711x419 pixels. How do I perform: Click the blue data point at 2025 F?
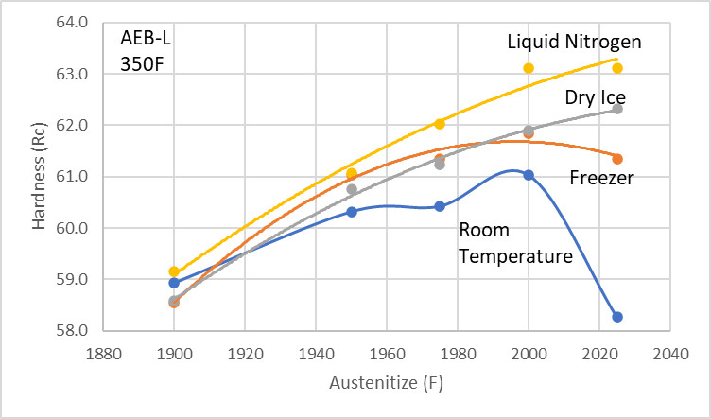[617, 317]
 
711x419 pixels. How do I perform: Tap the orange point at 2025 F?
[617, 159]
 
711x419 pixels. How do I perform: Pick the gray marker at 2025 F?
[617, 109]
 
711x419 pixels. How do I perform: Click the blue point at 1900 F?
[174, 283]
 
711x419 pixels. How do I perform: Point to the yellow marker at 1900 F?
[174, 271]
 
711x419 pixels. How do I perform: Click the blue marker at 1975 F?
[440, 206]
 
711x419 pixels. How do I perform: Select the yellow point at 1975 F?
[440, 124]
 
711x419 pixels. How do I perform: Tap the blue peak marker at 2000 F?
[529, 175]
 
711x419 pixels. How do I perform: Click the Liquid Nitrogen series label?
[574, 42]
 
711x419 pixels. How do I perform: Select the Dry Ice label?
[596, 97]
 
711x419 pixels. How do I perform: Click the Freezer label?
[601, 178]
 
